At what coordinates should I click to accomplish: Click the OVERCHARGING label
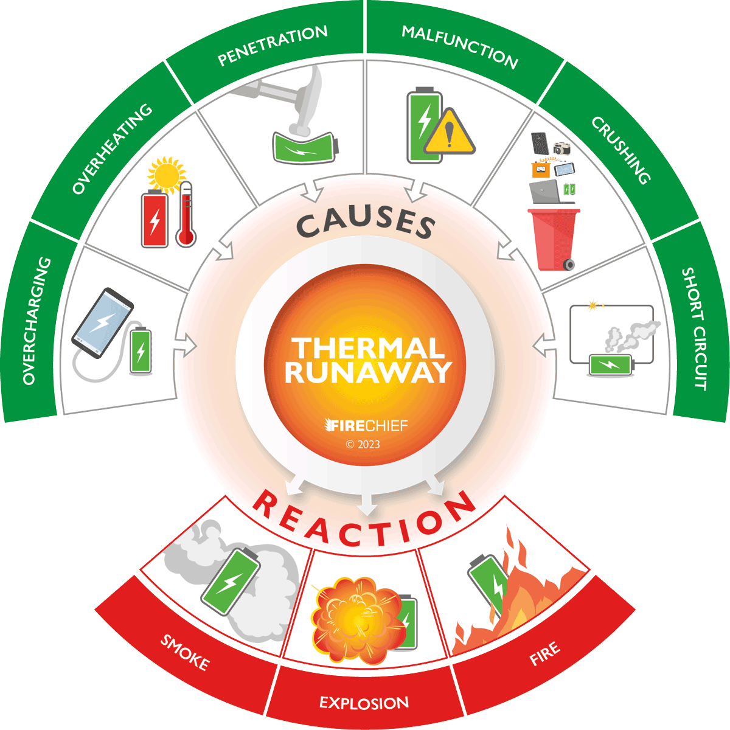[x=36, y=321]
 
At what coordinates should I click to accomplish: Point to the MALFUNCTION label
[x=460, y=46]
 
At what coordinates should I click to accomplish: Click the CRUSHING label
[x=621, y=150]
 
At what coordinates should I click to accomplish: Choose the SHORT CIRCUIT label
[x=694, y=328]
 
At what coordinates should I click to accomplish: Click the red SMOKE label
[x=184, y=652]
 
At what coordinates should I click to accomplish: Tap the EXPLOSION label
[x=364, y=703]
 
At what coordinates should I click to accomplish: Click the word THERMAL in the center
[x=367, y=349]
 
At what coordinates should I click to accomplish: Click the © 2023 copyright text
[x=363, y=444]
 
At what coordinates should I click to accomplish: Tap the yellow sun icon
[x=165, y=173]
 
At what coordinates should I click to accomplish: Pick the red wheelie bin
[x=554, y=237]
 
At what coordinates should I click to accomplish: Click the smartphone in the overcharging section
[x=102, y=322]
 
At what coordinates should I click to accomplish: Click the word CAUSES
[x=366, y=224]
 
